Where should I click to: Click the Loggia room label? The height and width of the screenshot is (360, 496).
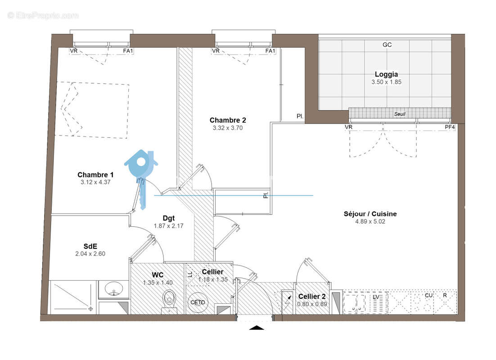point(386,74)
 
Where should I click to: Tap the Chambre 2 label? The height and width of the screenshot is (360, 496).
point(228,120)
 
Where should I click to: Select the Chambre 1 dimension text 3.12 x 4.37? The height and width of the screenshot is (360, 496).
point(95,182)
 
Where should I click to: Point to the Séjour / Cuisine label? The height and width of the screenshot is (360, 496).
point(370,214)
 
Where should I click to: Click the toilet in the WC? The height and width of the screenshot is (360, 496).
point(169,301)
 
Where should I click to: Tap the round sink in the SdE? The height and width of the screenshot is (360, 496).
point(113,289)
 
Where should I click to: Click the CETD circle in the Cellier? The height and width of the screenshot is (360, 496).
point(198,302)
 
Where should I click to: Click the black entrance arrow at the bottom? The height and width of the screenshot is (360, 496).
point(257,328)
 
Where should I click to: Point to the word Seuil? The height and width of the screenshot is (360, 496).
point(400,114)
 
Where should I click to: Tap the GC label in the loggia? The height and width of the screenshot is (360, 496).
point(387,45)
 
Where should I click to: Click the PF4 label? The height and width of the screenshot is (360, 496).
point(450,127)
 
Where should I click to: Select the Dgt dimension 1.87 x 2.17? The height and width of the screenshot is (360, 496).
point(169,226)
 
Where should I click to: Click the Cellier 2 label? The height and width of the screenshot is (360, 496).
point(312,297)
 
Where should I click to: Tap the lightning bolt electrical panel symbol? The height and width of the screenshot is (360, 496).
point(288,303)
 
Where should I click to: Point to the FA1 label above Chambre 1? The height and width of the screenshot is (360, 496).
point(128,51)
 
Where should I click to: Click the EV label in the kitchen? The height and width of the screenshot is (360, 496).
point(376,297)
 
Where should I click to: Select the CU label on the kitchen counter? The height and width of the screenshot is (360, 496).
point(428,296)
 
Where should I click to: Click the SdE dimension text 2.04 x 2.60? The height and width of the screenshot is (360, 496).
point(90,254)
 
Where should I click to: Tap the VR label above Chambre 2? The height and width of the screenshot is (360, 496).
point(216,51)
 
